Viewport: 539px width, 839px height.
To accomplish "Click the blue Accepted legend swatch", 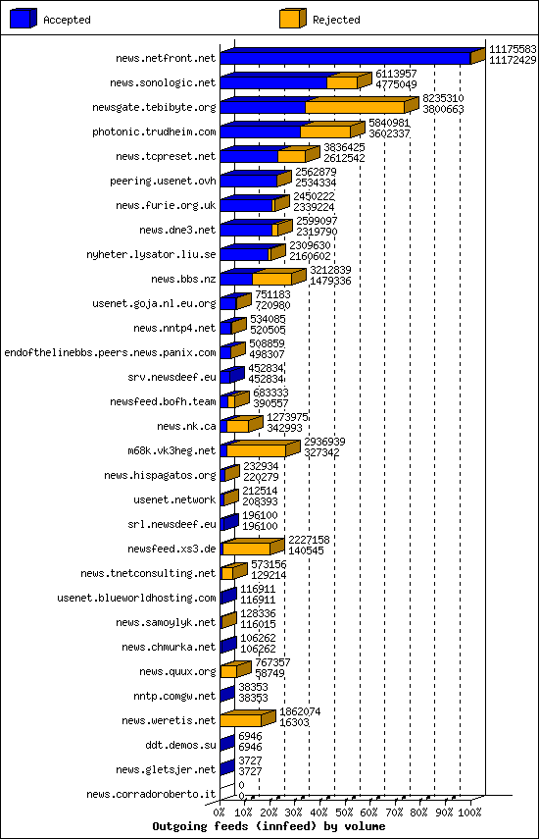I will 24,18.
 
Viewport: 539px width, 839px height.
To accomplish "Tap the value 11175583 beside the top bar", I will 513,49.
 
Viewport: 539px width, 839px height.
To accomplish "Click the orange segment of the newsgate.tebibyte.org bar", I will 355,107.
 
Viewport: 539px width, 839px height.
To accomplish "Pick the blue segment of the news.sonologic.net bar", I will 273,82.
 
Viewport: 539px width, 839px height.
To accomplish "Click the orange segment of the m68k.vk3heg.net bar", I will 256,450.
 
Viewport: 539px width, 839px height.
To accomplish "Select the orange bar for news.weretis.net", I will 241,720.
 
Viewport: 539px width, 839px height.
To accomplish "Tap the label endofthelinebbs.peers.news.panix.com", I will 110,352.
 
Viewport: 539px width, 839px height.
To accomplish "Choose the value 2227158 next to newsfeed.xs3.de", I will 309,540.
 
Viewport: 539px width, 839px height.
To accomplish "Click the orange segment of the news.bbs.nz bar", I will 271,279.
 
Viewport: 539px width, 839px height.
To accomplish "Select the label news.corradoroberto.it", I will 151,794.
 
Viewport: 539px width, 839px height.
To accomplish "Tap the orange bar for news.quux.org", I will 228,671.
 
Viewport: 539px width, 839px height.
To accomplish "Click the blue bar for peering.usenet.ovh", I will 249,181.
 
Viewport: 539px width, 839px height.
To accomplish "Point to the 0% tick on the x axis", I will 220,813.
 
